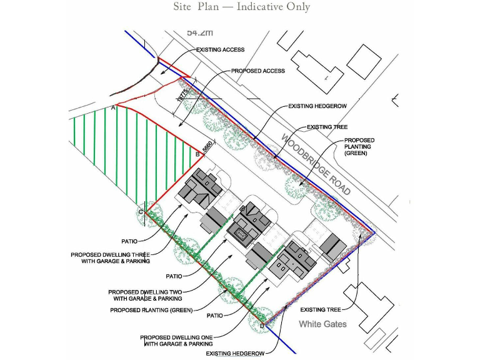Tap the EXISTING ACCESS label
220,49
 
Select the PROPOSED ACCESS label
258,71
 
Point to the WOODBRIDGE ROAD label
316,164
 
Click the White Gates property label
322,324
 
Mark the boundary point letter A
113,108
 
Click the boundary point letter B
198,154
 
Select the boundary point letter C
141,212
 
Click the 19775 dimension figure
182,95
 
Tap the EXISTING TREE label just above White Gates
321,309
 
